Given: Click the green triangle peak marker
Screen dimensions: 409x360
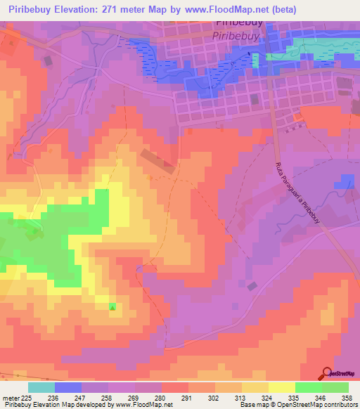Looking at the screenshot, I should point(112,306).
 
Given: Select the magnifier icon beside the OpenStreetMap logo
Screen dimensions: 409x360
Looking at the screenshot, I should point(327,372).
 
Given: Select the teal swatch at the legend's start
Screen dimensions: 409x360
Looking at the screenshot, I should point(41,387).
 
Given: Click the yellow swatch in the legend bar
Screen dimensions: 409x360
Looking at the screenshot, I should point(281,387).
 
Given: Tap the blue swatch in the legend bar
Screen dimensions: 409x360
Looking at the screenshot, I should point(67,387).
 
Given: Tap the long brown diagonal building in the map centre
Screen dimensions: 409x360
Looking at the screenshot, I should point(158,160).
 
